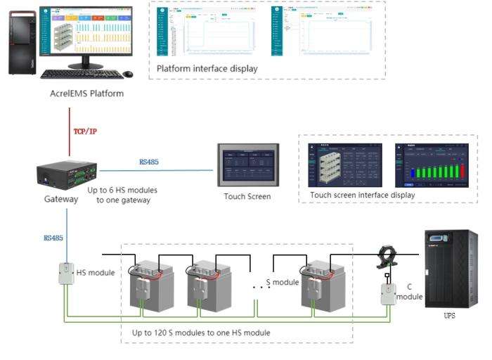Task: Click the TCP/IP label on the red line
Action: tap(85, 131)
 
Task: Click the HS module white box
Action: tap(65, 273)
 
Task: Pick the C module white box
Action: tap(389, 292)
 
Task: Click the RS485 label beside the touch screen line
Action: tap(149, 162)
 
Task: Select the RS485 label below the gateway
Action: tap(53, 238)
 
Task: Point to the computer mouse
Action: tap(128, 74)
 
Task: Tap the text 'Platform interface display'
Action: tap(207, 69)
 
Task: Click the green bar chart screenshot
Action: tap(431, 166)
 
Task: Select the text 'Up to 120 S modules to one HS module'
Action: tap(201, 332)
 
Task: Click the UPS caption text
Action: tap(449, 316)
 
